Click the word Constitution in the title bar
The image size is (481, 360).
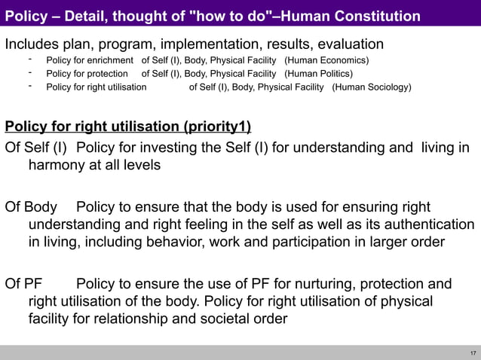point(375,16)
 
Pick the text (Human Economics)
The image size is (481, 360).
point(326,60)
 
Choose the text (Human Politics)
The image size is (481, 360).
point(318,74)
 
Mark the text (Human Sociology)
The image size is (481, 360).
point(372,87)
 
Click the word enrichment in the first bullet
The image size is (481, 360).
point(114,60)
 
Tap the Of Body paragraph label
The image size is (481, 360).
point(31,207)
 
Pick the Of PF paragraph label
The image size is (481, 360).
point(23,284)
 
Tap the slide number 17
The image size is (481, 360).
point(473,353)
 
